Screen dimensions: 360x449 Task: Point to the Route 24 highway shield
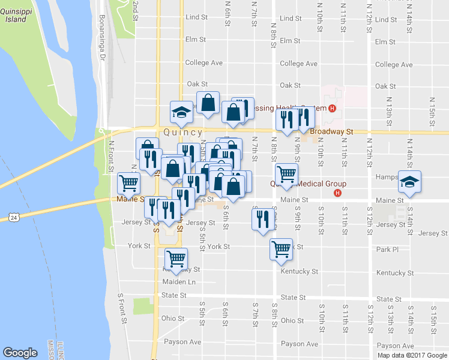pos(14,217)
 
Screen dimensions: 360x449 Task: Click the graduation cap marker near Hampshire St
pos(409,182)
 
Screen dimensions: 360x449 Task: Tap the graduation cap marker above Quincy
pos(180,112)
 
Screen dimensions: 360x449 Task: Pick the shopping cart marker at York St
pos(281,249)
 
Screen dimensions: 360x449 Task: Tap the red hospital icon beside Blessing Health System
pos(331,109)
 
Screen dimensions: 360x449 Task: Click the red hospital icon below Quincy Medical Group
pos(337,193)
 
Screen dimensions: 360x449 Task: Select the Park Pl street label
pos(387,249)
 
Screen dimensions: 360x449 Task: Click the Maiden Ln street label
pos(179,281)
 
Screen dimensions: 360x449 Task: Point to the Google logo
pos(20,353)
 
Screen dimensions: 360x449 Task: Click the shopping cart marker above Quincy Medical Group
pos(287,173)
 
